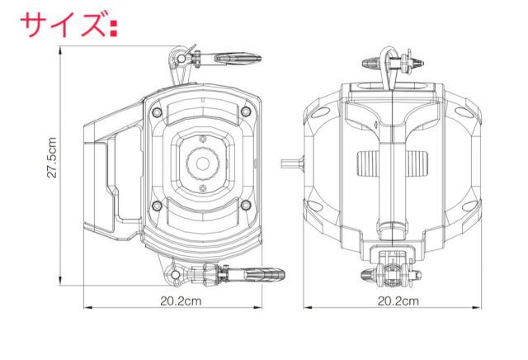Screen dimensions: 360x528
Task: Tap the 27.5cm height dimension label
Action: (51, 157)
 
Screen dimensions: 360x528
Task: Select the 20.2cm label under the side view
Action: (181, 301)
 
